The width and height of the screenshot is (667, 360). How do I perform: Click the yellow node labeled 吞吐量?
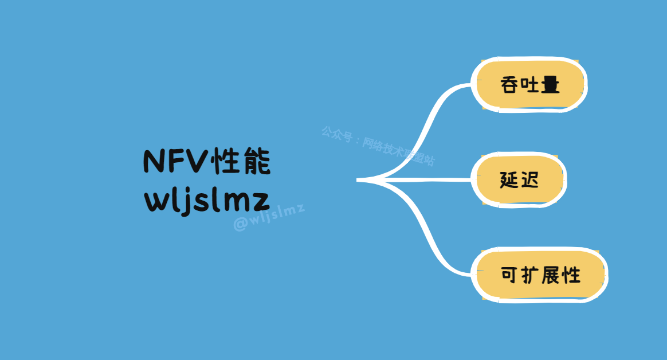pyautogui.click(x=529, y=85)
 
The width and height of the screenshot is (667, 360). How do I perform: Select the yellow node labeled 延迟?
pyautogui.click(x=519, y=180)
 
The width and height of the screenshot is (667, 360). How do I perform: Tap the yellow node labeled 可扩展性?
pyautogui.click(x=540, y=275)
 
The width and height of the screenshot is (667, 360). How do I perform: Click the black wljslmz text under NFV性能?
pyautogui.click(x=206, y=199)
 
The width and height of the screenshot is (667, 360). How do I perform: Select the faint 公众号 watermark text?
pyautogui.click(x=336, y=135)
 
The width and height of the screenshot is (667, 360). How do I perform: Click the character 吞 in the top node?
pyautogui.click(x=509, y=85)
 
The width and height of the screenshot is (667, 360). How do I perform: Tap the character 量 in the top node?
pyautogui.click(x=550, y=85)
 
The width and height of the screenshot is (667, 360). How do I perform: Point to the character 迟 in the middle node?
pyautogui.click(x=530, y=180)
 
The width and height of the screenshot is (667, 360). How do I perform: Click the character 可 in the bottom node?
pyautogui.click(x=509, y=275)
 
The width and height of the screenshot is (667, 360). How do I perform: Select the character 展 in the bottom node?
pyautogui.click(x=551, y=275)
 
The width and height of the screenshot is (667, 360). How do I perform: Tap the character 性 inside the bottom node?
pyautogui.click(x=571, y=275)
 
